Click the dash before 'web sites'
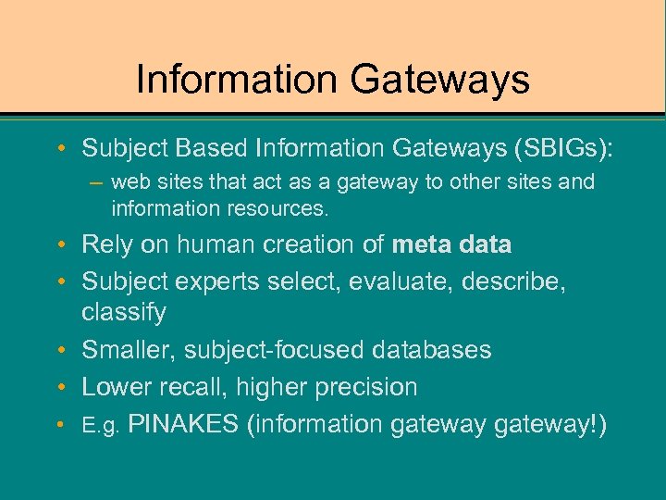coord(98,182)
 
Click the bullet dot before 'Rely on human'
coord(61,245)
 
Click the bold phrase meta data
coord(451,245)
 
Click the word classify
coord(124,313)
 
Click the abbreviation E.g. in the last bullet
coord(101,426)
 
